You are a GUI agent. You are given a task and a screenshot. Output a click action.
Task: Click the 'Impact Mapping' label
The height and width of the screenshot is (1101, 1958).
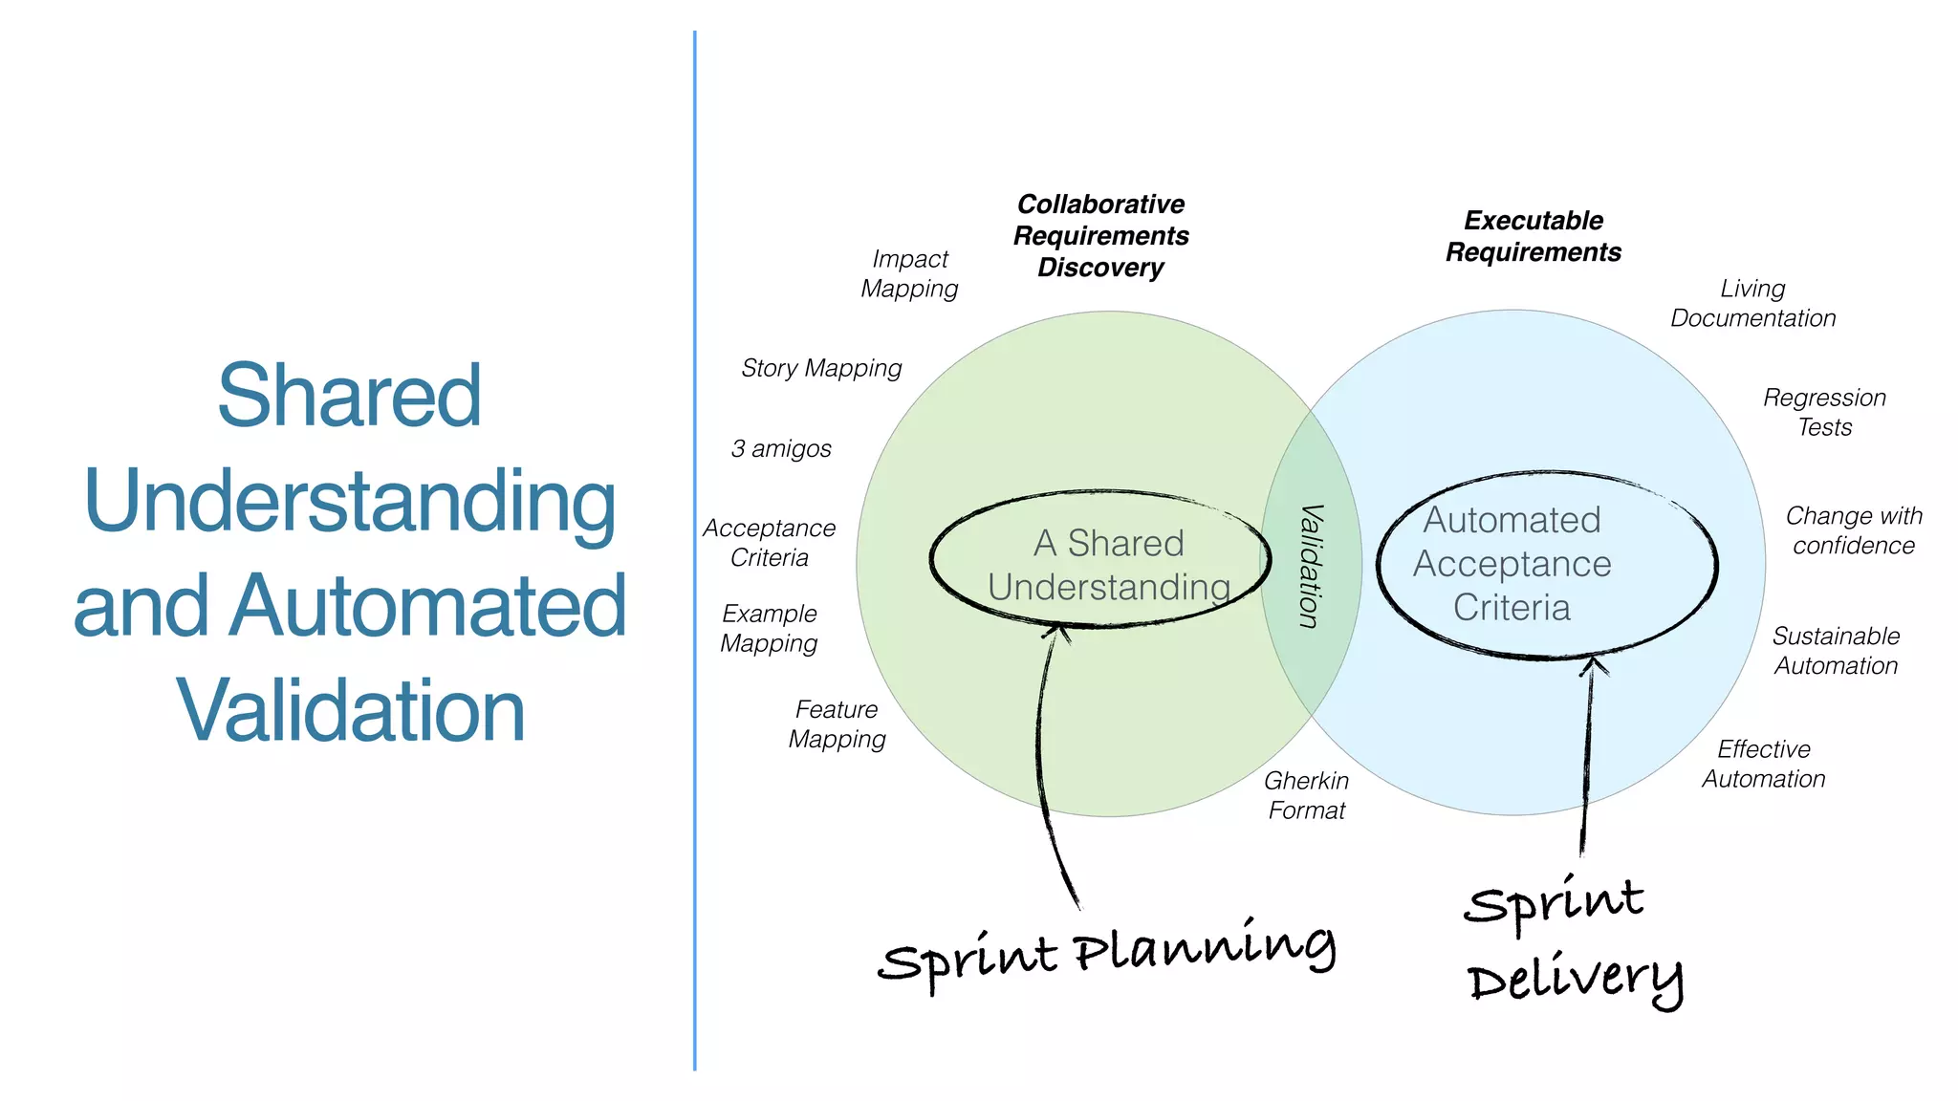click(x=909, y=274)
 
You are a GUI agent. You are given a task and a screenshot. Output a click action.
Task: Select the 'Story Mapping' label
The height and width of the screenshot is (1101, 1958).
click(x=821, y=368)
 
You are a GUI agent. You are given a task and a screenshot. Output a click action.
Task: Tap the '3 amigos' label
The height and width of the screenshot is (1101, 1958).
click(x=781, y=448)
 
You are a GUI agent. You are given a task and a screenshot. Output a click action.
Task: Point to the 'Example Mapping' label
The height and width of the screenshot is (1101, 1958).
click(x=770, y=628)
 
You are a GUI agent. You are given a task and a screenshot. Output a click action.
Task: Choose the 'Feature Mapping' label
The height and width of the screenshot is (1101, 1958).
click(x=837, y=724)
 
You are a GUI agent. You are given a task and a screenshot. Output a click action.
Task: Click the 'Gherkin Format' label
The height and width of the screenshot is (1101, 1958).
click(x=1306, y=795)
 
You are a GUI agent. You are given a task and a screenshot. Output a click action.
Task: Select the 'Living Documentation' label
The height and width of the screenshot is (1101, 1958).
click(x=1752, y=303)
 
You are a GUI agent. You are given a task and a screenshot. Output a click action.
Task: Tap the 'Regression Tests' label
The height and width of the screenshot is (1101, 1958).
click(x=1824, y=412)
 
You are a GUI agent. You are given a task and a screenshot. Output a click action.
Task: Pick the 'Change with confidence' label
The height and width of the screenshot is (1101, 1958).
click(x=1853, y=530)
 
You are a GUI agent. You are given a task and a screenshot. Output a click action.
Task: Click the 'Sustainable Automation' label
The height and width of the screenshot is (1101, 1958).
click(x=1836, y=651)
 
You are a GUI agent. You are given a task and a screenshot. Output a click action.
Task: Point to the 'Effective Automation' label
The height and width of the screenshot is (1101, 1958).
click(x=1763, y=764)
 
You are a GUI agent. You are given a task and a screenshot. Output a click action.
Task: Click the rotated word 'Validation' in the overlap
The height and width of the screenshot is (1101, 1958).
click(x=1311, y=566)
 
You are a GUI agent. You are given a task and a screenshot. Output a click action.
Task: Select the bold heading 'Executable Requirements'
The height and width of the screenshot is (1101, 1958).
click(x=1533, y=236)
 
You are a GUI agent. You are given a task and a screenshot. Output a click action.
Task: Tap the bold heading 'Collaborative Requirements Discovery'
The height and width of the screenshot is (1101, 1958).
click(x=1100, y=236)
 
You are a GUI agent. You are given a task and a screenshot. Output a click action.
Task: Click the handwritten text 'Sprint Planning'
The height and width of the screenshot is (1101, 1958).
click(x=1106, y=954)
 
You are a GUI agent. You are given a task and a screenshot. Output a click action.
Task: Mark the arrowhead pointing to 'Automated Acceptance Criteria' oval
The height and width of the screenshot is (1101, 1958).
click(x=1593, y=663)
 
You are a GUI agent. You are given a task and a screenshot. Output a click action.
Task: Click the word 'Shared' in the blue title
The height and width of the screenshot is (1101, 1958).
click(x=349, y=395)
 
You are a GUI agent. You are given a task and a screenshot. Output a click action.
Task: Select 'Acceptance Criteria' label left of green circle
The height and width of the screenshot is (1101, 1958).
click(x=770, y=543)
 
